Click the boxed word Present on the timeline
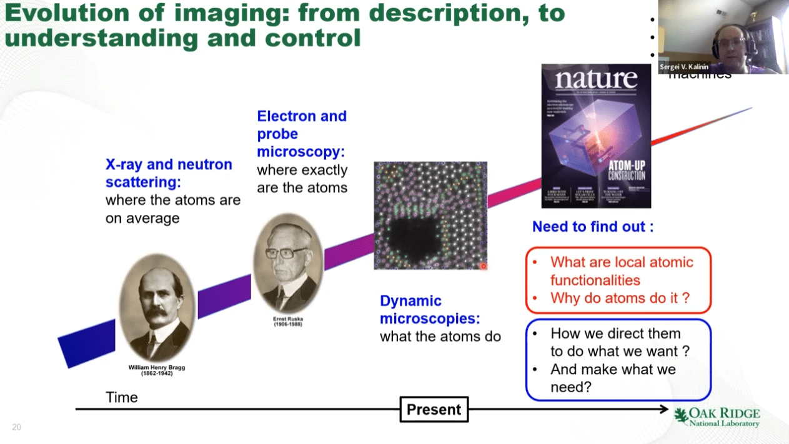pyautogui.click(x=434, y=410)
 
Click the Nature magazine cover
pyautogui.click(x=596, y=136)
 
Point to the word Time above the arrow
pyautogui.click(x=122, y=397)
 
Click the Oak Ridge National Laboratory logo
pyautogui.click(x=717, y=417)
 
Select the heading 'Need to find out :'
pyautogui.click(x=592, y=227)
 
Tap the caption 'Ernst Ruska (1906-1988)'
pyautogui.click(x=288, y=322)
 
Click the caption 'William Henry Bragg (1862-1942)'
pyautogui.click(x=157, y=370)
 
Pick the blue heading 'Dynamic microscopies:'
pyautogui.click(x=430, y=310)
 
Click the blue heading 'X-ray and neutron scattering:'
pyautogui.click(x=169, y=173)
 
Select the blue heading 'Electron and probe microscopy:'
pyautogui.click(x=302, y=134)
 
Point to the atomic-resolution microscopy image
pyautogui.click(x=430, y=215)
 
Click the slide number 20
pyautogui.click(x=17, y=427)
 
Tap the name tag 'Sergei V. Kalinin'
pyautogui.click(x=685, y=67)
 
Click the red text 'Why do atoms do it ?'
pyautogui.click(x=620, y=298)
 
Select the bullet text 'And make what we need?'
pyautogui.click(x=612, y=378)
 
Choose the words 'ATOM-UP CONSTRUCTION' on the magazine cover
pyautogui.click(x=627, y=171)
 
